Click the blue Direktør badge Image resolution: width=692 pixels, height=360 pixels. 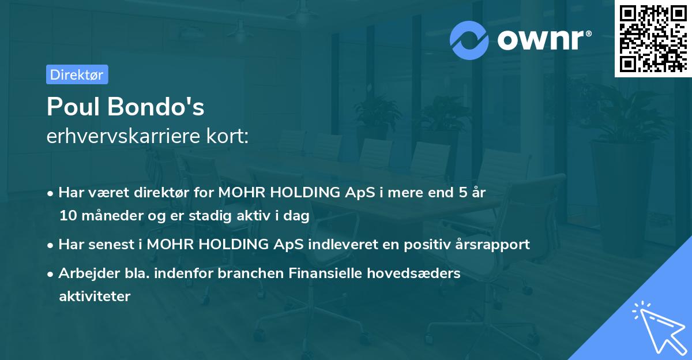pyautogui.click(x=77, y=74)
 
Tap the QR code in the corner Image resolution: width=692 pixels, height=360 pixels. pyautogui.click(x=652, y=37)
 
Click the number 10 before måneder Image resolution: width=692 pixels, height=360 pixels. pyautogui.click(x=66, y=216)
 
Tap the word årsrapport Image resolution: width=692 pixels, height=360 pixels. pyautogui.click(x=495, y=244)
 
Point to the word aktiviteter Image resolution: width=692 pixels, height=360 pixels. pyautogui.click(x=95, y=297)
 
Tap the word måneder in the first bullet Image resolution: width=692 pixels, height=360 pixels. pyautogui.click(x=106, y=216)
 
